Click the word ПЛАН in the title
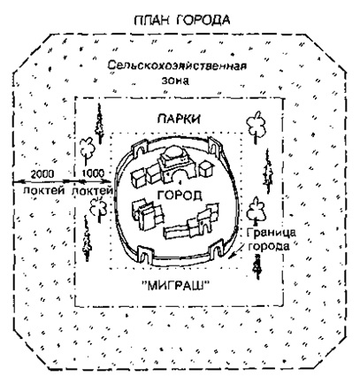pos(152,20)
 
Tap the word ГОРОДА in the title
pos(203,20)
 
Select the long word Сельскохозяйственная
pos(177,65)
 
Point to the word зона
pos(175,81)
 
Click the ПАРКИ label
pos(179,119)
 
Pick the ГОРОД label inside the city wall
pos(180,195)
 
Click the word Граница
pos(271,233)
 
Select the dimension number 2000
pos(42,174)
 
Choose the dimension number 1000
pos(92,173)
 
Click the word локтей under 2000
pos(44,190)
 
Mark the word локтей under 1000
pos(92,190)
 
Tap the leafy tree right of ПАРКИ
pos(256,127)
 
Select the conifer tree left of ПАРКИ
pos(99,123)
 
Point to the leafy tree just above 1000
pos(87,150)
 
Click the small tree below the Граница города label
pos(257,266)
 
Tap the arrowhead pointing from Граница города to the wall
pos(231,257)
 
